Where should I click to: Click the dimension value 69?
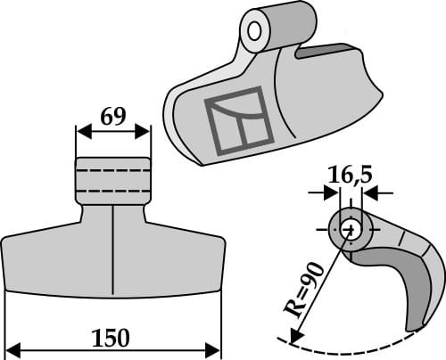tap(112, 116)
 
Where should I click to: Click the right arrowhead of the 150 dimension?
tap(215, 348)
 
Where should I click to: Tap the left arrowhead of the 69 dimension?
tap(81, 132)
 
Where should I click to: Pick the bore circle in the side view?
tap(349, 228)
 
